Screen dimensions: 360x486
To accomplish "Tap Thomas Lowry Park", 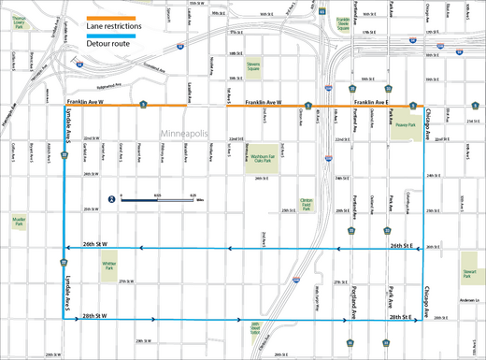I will point(19,20).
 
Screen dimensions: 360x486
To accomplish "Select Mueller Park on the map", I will point(18,222).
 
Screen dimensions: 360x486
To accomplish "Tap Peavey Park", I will point(405,125).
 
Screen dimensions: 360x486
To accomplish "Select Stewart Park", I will point(469,276).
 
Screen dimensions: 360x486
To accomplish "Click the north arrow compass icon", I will point(111,199).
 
